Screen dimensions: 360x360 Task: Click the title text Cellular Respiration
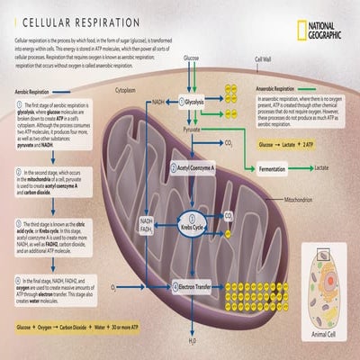pos(80,21)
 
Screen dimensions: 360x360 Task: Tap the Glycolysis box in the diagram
pos(193,103)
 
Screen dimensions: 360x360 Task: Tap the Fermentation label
pos(278,168)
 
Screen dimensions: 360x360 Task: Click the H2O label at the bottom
pos(192,342)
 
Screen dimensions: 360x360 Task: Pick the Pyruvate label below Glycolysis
pos(193,130)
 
